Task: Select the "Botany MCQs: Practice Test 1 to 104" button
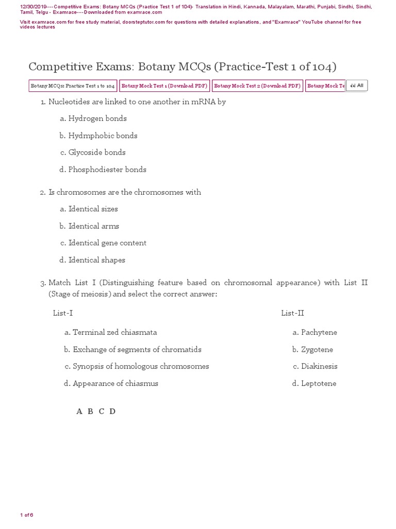coord(73,86)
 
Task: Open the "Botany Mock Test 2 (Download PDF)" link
coord(257,86)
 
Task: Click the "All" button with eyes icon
coord(357,86)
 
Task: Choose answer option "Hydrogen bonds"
coord(97,118)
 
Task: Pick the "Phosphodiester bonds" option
coord(107,169)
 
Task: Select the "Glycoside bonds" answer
coord(97,152)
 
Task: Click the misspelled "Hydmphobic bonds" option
coord(103,135)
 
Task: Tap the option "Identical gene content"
coord(107,243)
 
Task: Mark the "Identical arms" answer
coord(93,226)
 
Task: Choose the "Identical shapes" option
coord(97,260)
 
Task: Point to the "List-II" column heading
coord(293,313)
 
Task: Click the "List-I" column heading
coord(63,313)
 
